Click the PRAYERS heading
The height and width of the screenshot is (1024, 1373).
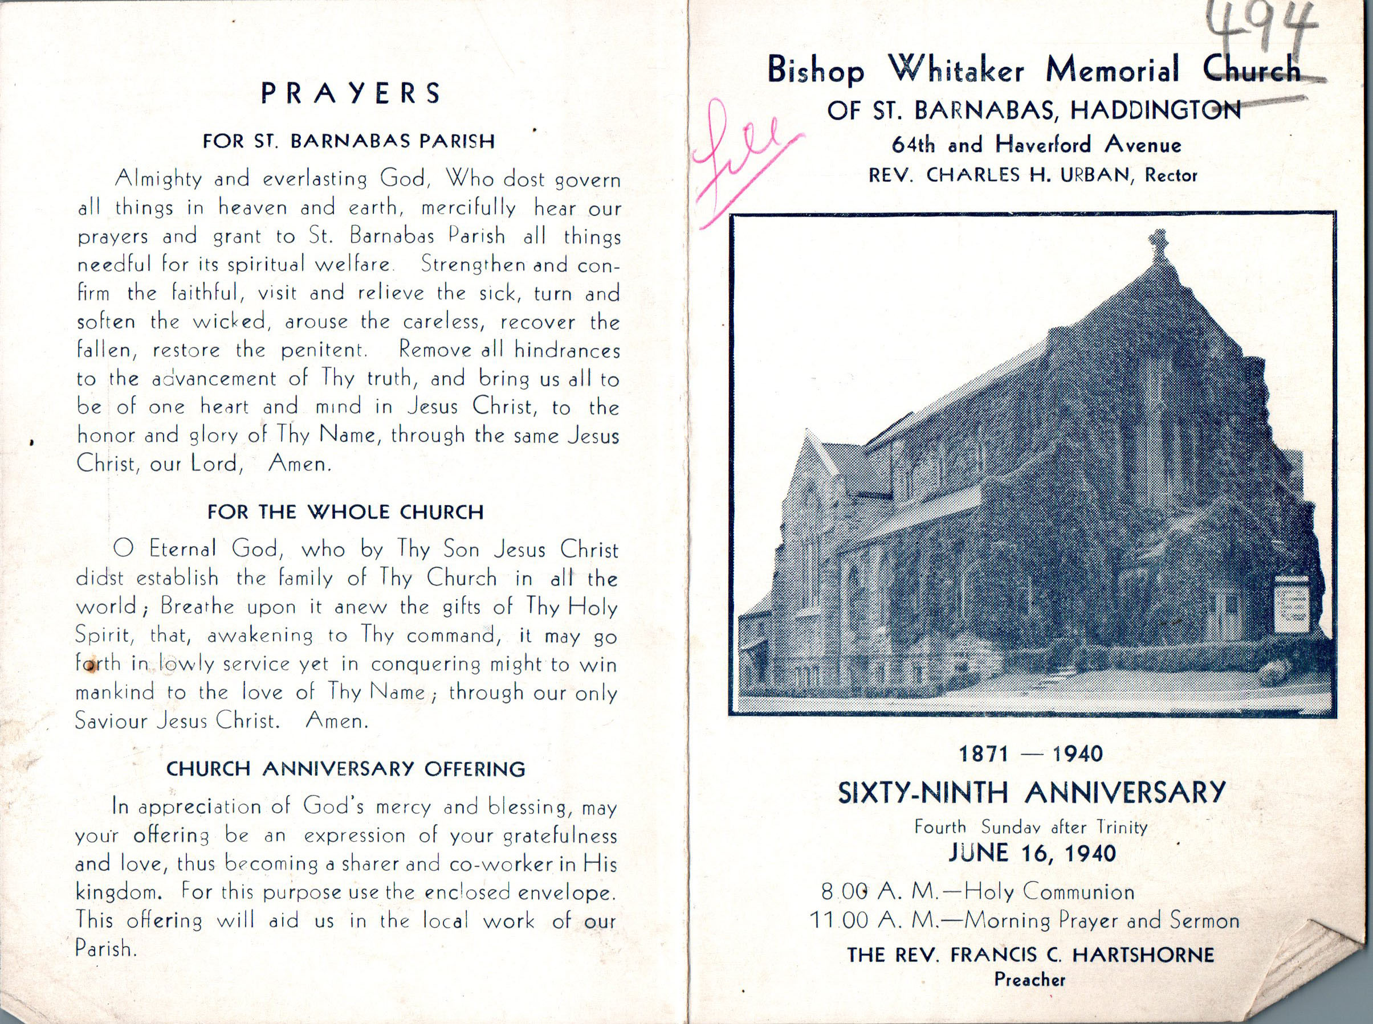point(351,93)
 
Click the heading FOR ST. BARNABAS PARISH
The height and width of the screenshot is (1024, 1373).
point(348,141)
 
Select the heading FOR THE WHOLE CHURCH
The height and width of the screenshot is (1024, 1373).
point(345,512)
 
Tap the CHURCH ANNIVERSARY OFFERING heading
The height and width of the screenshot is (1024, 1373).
point(346,769)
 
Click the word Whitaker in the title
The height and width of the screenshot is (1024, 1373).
point(956,71)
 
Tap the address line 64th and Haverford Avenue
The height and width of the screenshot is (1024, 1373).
point(1036,145)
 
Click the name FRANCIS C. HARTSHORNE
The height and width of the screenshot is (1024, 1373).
point(1081,955)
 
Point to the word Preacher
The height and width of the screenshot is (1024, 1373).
point(1029,980)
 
